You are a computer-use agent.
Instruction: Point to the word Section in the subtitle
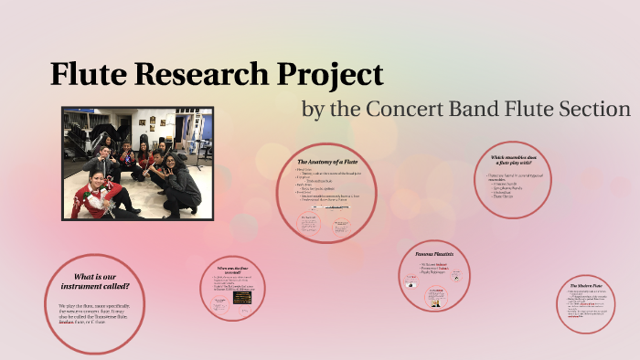[x=586, y=110]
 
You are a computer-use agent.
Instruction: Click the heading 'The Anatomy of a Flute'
[x=327, y=162]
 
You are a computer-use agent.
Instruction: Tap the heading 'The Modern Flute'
[x=585, y=286]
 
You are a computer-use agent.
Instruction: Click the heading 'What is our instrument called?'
[x=94, y=281]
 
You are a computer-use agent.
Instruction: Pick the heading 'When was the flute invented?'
[x=236, y=269]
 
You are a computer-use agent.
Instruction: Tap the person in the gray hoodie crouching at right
[x=180, y=180]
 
